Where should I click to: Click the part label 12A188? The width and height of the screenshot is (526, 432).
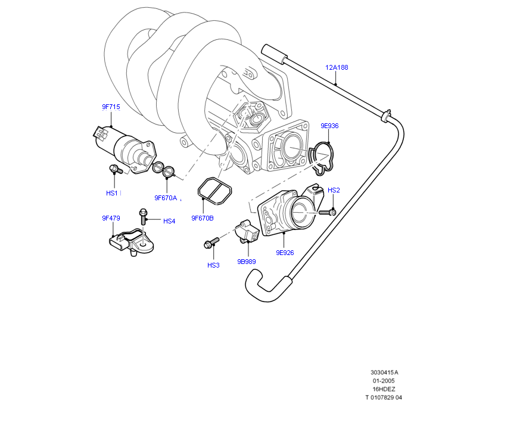click(x=337, y=67)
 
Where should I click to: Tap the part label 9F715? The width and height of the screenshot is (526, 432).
click(x=111, y=107)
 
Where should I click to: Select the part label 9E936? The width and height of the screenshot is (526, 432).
click(x=329, y=126)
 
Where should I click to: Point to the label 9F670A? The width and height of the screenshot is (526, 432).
click(x=166, y=197)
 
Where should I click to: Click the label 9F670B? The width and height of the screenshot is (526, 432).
click(x=202, y=218)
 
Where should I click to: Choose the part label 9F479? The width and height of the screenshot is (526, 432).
click(x=111, y=218)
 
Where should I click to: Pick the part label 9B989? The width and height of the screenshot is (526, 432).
click(x=246, y=261)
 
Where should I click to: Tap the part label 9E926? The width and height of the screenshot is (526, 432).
click(x=285, y=253)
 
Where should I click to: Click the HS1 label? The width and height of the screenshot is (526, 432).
click(x=112, y=193)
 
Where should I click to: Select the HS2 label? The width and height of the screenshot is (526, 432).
click(x=334, y=190)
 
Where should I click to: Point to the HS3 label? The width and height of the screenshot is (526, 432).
click(x=213, y=265)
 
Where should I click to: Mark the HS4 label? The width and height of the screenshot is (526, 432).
click(x=169, y=221)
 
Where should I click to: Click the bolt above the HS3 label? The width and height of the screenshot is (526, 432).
click(x=211, y=242)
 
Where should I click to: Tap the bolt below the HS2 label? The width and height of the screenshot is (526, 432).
click(x=327, y=212)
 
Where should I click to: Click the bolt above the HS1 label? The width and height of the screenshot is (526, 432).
click(x=116, y=170)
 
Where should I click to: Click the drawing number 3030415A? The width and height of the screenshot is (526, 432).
click(x=384, y=372)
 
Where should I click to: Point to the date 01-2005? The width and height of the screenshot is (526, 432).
click(x=384, y=381)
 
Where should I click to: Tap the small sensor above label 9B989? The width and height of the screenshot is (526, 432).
click(x=248, y=232)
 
